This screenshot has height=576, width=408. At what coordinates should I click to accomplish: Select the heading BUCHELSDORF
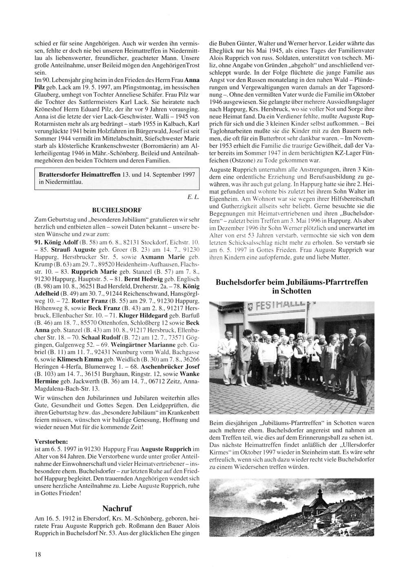click(x=117, y=210)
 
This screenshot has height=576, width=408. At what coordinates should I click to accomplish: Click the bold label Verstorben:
click(x=52, y=441)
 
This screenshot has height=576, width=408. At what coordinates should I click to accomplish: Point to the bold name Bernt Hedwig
click(x=143, y=279)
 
